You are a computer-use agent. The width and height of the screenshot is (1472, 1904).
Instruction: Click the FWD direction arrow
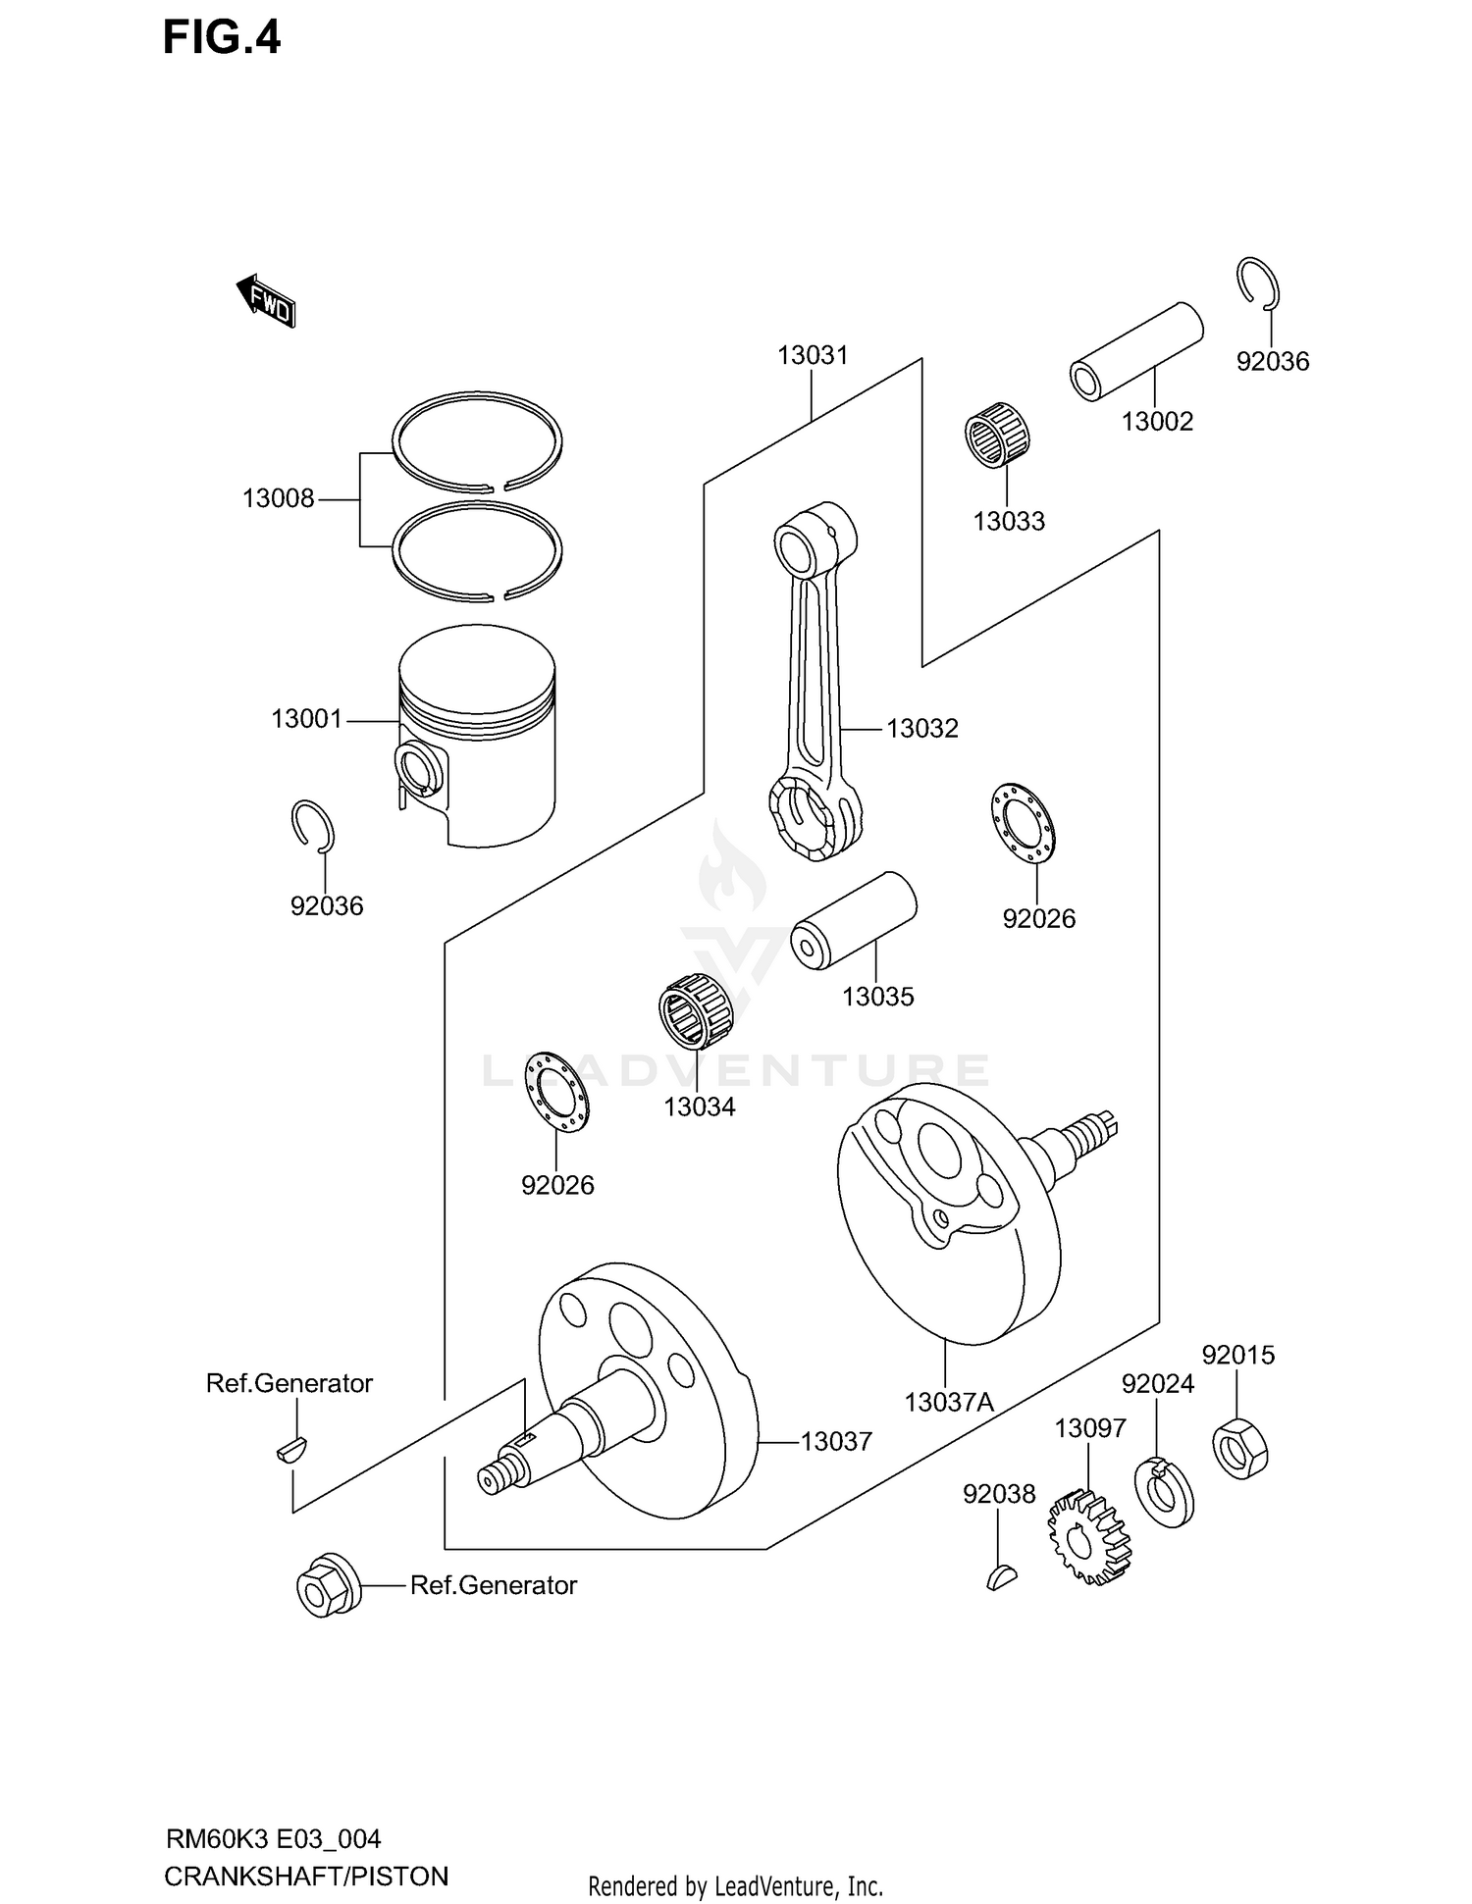click(x=266, y=301)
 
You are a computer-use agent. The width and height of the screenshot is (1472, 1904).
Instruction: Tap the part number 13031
click(x=813, y=355)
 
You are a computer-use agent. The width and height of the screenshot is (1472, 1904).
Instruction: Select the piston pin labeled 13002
click(x=1136, y=351)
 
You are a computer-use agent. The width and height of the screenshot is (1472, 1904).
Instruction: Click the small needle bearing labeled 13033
click(x=997, y=435)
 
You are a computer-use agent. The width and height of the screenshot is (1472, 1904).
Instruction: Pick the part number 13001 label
click(x=306, y=719)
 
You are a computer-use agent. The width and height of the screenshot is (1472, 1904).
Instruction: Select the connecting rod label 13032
click(x=921, y=728)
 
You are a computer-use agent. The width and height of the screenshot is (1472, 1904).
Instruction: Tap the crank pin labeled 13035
click(x=854, y=919)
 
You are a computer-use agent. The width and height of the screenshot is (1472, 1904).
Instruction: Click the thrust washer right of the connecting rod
click(x=1024, y=823)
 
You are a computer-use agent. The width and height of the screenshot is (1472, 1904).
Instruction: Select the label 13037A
click(x=949, y=1402)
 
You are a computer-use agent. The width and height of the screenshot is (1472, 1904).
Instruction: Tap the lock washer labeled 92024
click(x=1165, y=1493)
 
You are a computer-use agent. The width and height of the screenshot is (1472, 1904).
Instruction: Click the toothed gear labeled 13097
click(x=1088, y=1536)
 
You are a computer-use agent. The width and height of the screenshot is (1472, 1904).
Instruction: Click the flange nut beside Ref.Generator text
click(x=328, y=1585)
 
